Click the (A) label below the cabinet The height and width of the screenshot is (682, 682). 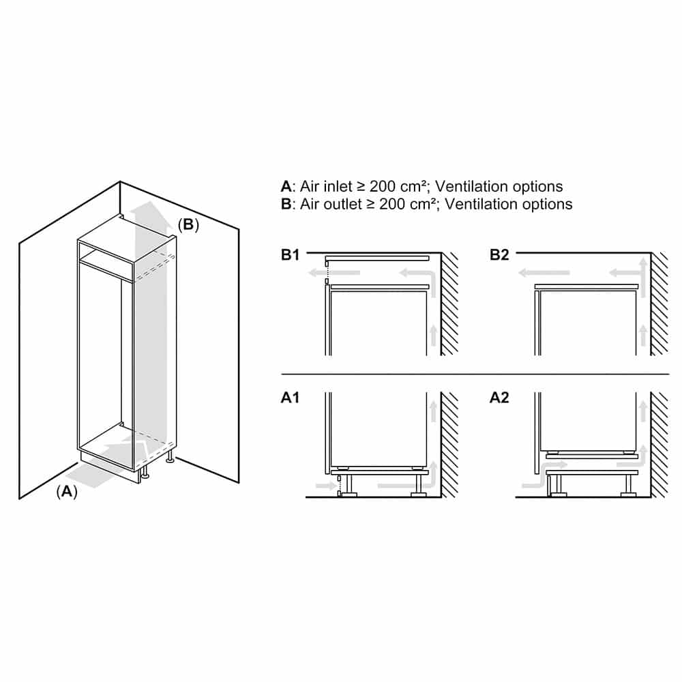66,490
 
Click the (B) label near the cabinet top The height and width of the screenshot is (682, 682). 188,225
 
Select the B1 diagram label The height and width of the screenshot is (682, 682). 291,256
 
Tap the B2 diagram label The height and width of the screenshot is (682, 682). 500,256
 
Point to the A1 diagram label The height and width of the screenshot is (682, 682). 291,397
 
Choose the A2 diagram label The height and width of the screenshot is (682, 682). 500,397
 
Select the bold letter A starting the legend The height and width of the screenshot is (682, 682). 286,186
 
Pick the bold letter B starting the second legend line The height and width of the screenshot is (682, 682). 286,204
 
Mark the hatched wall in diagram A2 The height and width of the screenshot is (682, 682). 659,443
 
